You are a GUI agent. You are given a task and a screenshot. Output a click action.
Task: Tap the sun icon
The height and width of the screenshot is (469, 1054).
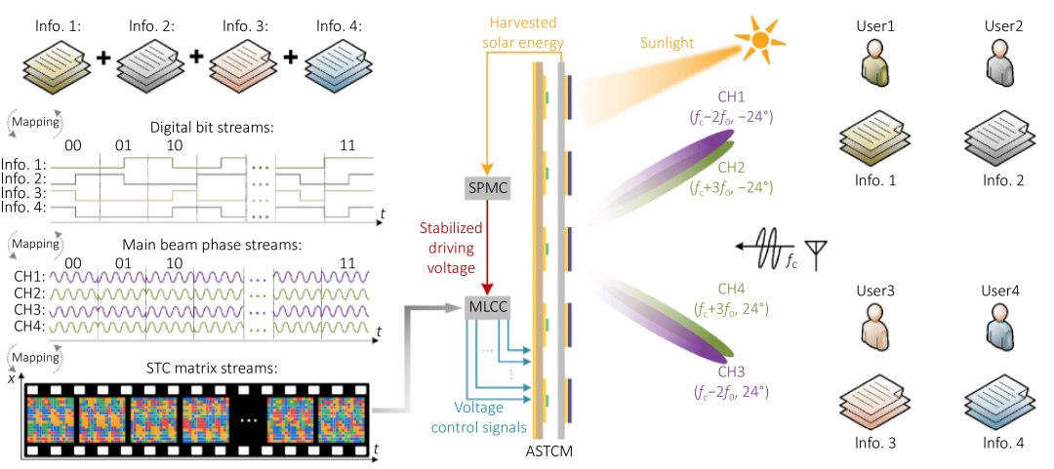point(759,40)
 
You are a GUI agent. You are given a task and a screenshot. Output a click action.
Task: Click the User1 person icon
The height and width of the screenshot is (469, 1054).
point(874,61)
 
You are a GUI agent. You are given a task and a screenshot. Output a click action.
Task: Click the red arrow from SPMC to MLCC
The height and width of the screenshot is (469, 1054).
point(488,249)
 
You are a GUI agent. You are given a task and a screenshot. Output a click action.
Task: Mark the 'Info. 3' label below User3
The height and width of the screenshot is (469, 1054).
point(874,444)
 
